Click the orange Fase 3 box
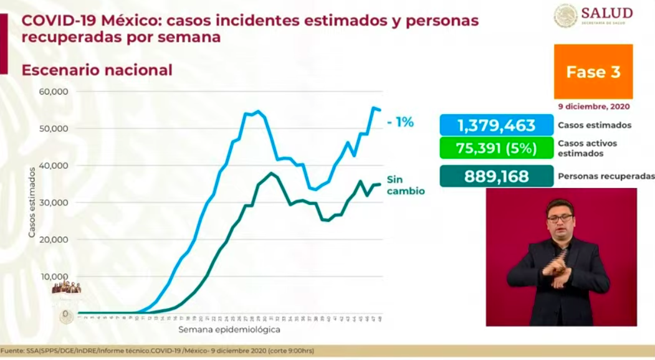(x=593, y=72)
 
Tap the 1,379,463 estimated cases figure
(x=495, y=125)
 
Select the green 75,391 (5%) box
(x=495, y=148)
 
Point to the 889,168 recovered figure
(x=495, y=176)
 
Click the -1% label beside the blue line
(x=400, y=122)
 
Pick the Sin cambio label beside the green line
(x=405, y=185)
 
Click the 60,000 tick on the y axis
(x=54, y=92)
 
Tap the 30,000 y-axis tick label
(x=54, y=203)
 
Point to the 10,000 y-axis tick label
(x=54, y=277)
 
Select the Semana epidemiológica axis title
(x=229, y=329)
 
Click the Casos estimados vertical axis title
(x=32, y=202)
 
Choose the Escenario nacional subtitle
(x=97, y=70)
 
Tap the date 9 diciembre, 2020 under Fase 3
(x=593, y=106)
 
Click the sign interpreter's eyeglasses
(x=560, y=218)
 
